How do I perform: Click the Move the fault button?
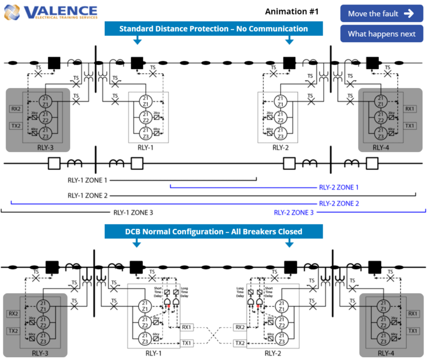pyautogui.click(x=381, y=13)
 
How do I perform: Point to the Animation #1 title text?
pyautogui.click(x=291, y=12)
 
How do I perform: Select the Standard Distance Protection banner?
pyautogui.click(x=213, y=28)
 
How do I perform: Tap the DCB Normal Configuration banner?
pyautogui.click(x=213, y=231)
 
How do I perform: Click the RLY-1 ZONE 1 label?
pyautogui.click(x=87, y=180)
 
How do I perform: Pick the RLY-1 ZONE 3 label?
pyautogui.click(x=133, y=212)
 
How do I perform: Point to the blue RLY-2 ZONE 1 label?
pyautogui.click(x=338, y=187)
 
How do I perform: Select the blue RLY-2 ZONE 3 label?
pyautogui.click(x=294, y=212)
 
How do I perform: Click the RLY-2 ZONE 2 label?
pyautogui.click(x=339, y=203)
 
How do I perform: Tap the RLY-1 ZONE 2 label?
pyautogui.click(x=87, y=196)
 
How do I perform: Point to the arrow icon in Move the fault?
pyautogui.click(x=408, y=13)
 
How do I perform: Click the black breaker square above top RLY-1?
pyautogui.click(x=137, y=62)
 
